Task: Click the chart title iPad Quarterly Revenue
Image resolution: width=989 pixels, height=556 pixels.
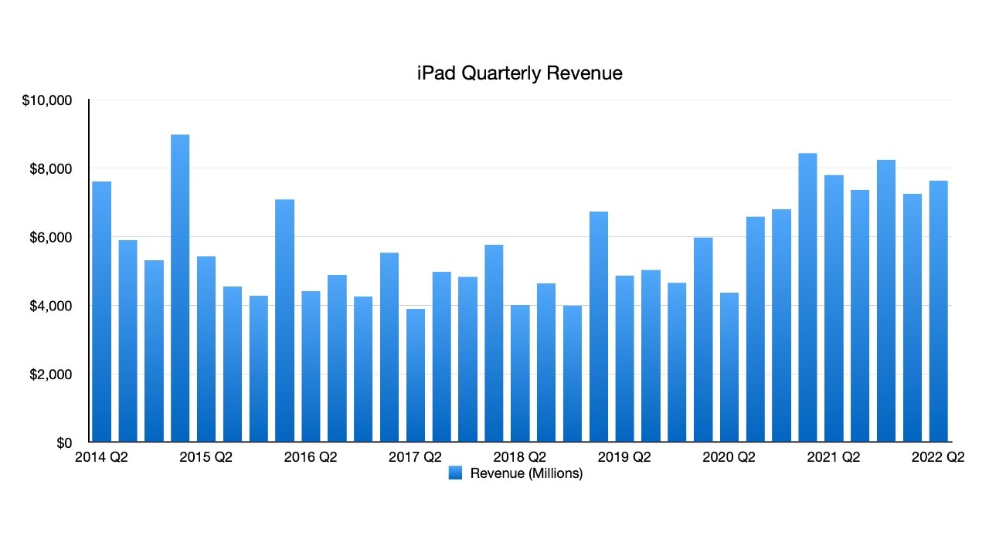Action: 518,73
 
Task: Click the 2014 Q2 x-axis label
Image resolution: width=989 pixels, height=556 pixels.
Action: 101,458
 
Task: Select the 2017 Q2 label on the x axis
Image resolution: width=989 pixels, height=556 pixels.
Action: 415,458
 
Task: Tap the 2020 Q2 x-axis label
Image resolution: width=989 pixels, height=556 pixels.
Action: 729,458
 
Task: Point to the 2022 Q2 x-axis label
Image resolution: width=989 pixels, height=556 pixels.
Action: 938,458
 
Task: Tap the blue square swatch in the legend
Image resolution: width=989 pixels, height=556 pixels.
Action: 455,473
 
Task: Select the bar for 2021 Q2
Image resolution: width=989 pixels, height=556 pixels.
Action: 834,309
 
